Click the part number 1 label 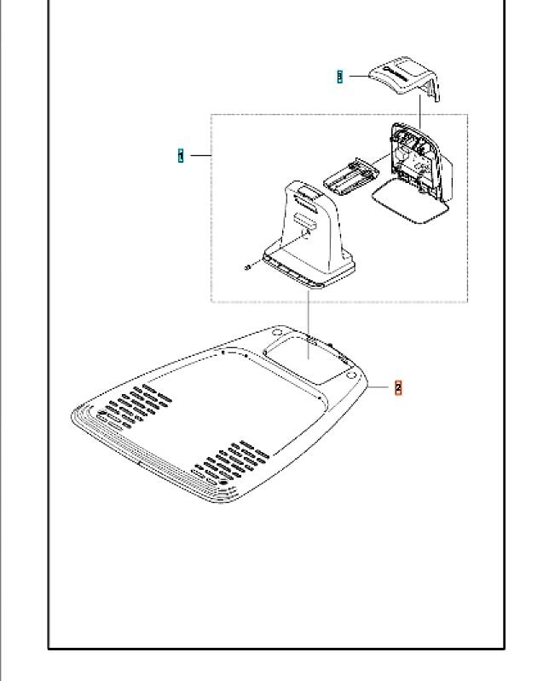pyautogui.click(x=181, y=156)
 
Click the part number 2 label pyautogui.click(x=398, y=387)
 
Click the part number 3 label pyautogui.click(x=339, y=77)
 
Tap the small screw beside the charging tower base pyautogui.click(x=246, y=267)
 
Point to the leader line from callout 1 pyautogui.click(x=199, y=156)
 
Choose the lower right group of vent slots pyautogui.click(x=230, y=463)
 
